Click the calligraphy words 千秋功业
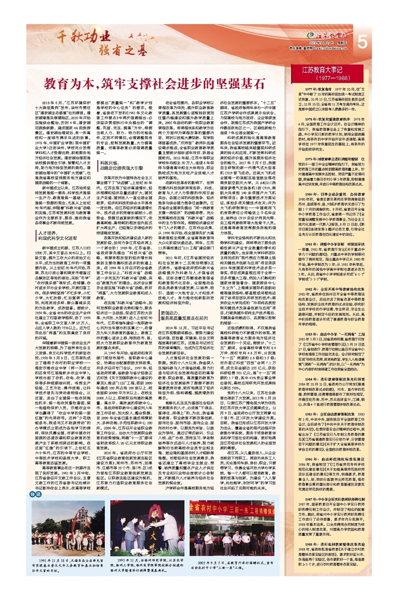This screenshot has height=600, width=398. (x=76, y=36)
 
